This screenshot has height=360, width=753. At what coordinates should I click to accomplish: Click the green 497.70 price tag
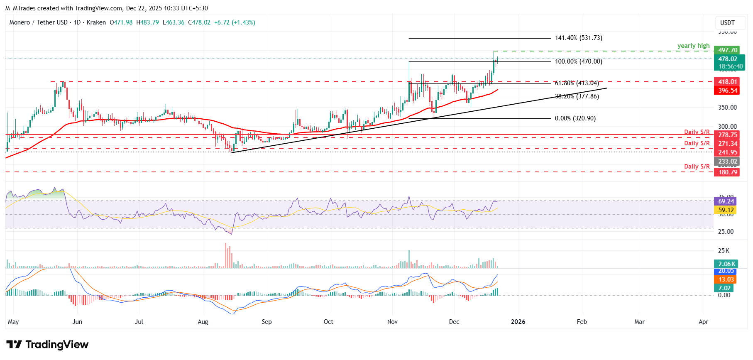[728, 50]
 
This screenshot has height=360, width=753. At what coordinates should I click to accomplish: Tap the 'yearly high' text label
[693, 46]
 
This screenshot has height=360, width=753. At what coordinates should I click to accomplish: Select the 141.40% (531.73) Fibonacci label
[579, 38]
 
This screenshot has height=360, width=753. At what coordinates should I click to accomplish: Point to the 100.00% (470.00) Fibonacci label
[579, 61]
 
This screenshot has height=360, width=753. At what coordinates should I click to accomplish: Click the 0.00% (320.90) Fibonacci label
[575, 118]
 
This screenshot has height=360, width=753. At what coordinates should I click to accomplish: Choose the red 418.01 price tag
[728, 82]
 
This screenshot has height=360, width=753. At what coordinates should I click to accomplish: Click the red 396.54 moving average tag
[728, 91]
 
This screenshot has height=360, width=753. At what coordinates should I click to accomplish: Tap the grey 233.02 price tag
[728, 162]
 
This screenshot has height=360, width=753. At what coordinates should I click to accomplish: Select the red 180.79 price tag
[728, 172]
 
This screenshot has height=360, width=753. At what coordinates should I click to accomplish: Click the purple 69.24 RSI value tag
[726, 201]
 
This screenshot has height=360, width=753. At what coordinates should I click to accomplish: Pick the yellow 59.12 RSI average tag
[726, 210]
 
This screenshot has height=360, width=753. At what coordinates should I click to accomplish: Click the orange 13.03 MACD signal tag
[726, 279]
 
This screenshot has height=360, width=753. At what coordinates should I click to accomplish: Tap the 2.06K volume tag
[727, 264]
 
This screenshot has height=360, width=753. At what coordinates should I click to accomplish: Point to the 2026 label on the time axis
[518, 322]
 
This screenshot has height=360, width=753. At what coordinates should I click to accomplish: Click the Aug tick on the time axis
[203, 322]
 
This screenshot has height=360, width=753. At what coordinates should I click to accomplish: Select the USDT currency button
[727, 23]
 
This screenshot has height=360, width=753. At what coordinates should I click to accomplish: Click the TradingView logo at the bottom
[47, 344]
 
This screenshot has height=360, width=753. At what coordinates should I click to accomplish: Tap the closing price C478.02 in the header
[199, 22]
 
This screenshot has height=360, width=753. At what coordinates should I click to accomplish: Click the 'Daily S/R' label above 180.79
[697, 167]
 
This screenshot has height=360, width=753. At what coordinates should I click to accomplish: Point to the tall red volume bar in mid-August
[226, 255]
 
